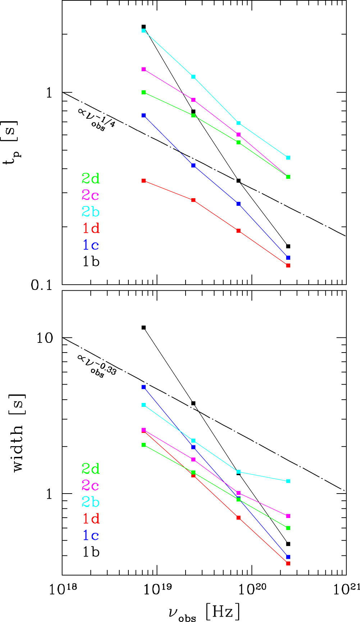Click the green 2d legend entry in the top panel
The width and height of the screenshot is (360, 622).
click(x=91, y=178)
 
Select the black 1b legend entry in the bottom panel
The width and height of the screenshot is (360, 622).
click(x=91, y=552)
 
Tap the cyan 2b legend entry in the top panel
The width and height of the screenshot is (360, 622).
click(x=91, y=212)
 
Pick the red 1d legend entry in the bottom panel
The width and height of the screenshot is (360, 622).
click(x=91, y=519)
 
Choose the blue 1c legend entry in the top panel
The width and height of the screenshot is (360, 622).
click(x=91, y=245)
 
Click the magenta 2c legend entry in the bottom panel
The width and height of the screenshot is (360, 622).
click(x=91, y=486)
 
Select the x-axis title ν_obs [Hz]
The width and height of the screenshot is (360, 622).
click(x=204, y=612)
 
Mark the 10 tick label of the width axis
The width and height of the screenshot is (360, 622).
click(x=45, y=338)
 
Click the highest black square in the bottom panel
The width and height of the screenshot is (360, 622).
click(x=143, y=327)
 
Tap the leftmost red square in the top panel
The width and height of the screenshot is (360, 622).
click(x=143, y=181)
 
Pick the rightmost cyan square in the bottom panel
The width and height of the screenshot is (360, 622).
click(x=288, y=481)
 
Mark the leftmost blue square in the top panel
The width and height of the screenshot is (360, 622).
click(x=143, y=115)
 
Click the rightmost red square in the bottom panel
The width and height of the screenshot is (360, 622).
click(x=288, y=563)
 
